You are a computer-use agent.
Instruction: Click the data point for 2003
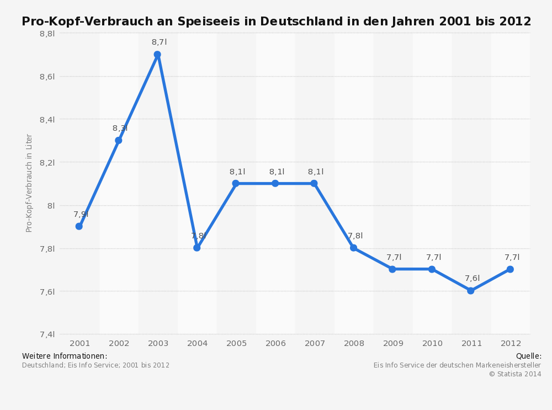point(157,55)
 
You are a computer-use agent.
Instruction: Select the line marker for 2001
point(79,226)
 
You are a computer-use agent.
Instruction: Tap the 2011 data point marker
point(471,290)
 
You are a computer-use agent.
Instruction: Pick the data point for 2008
point(353,248)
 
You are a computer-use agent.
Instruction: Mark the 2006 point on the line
point(275,183)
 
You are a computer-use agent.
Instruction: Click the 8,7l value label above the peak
point(159,42)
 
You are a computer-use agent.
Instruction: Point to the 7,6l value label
point(472,278)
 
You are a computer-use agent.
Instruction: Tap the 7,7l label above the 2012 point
point(512,257)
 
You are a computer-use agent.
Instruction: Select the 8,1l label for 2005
point(237,172)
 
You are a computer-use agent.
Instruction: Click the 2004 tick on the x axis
point(198,343)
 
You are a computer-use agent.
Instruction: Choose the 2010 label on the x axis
point(432,343)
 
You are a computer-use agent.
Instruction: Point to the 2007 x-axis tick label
point(315,343)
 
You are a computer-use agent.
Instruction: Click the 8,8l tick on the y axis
point(47,34)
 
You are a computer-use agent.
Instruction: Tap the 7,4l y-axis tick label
point(47,334)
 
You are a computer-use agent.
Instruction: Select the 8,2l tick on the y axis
point(47,162)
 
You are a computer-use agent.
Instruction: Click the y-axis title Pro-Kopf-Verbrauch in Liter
point(29,183)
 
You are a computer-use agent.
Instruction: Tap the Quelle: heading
point(528,356)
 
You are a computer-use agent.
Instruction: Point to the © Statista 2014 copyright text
point(514,374)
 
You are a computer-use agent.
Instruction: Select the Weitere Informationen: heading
point(65,356)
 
